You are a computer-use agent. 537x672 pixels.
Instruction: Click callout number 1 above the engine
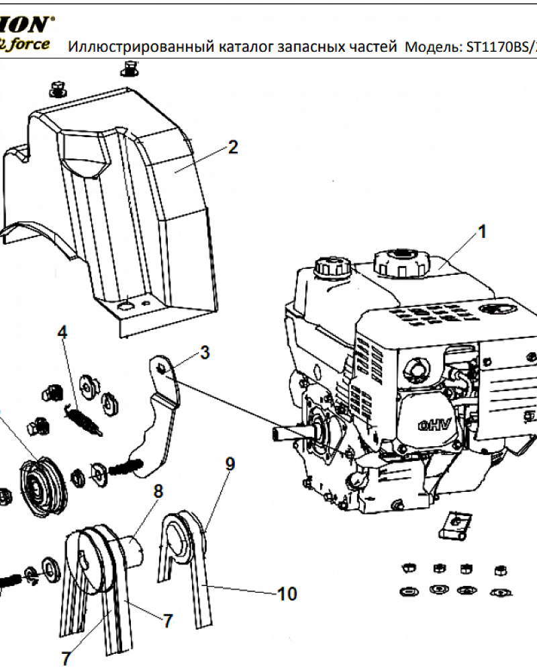(x=481, y=232)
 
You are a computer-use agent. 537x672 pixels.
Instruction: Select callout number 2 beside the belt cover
(x=232, y=147)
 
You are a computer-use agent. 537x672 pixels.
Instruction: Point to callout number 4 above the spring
(x=62, y=332)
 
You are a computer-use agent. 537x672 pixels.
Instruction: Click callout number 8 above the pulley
(x=158, y=491)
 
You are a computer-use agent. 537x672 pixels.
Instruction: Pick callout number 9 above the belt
(x=230, y=463)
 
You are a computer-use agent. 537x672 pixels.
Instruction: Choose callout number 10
(x=287, y=594)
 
